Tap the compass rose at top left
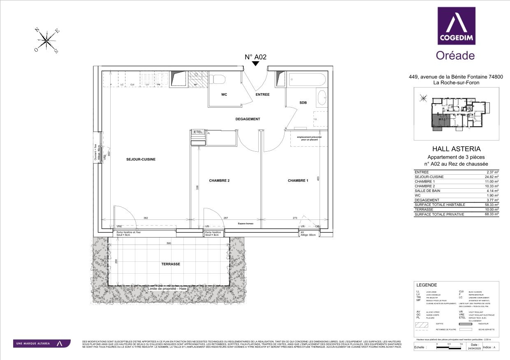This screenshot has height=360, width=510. click(x=48, y=41)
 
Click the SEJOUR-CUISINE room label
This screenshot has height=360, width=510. click(x=141, y=159)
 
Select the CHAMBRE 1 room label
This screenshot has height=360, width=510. click(x=298, y=180)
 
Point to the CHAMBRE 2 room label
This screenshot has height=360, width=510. click(x=219, y=180)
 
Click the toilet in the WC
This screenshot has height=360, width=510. click(x=217, y=79)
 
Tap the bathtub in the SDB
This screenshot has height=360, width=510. click(x=307, y=79)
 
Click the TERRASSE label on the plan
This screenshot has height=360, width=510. click(x=170, y=264)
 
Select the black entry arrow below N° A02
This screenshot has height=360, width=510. click(x=255, y=64)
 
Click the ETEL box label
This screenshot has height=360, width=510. click(x=198, y=132)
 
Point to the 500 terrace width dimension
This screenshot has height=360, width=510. click(x=168, y=243)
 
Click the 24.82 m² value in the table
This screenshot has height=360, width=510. click(x=491, y=177)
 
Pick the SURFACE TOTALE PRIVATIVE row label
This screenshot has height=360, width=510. click(x=439, y=214)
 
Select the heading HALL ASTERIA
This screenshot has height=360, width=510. click(x=456, y=149)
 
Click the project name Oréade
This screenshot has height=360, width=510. click(x=455, y=55)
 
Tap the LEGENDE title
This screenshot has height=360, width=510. click(x=427, y=285)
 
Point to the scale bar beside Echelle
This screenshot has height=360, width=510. click(x=449, y=347)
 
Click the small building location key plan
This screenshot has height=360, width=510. click(x=456, y=113)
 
